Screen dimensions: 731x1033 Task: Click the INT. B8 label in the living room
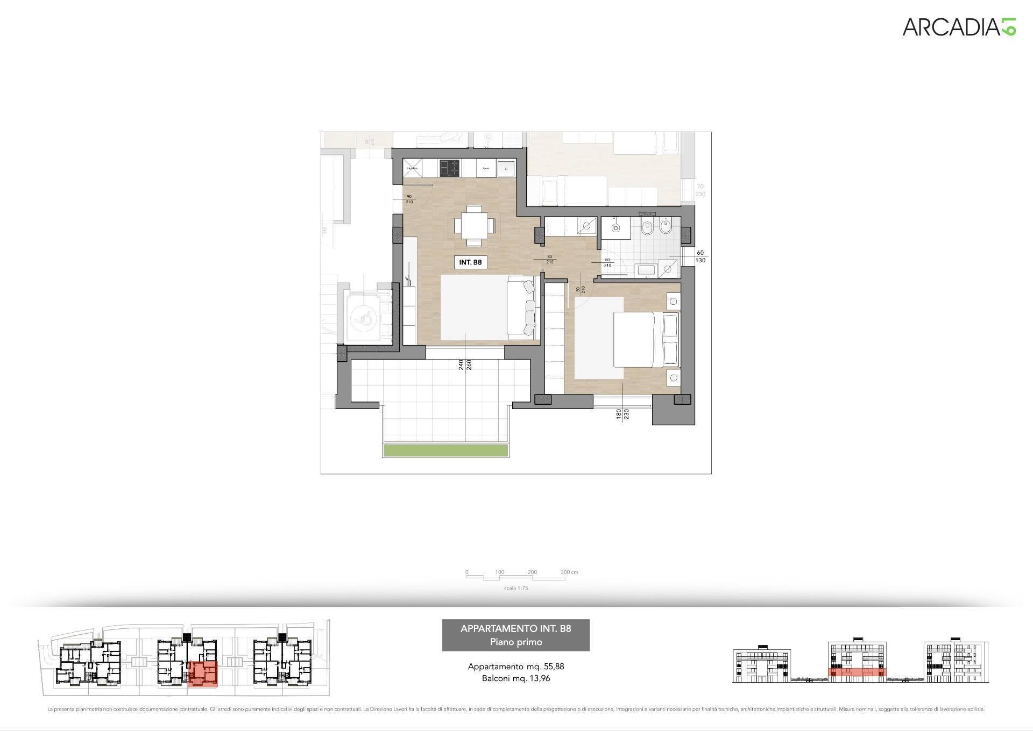click(470, 262)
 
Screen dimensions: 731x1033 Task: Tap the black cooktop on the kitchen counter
click(450, 168)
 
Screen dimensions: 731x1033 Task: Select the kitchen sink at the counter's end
click(506, 168)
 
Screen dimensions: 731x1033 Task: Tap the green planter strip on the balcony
click(445, 450)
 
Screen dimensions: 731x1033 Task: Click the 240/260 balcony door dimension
click(465, 364)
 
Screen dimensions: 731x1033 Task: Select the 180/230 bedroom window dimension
click(622, 414)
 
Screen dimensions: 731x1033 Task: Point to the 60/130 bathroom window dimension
click(700, 256)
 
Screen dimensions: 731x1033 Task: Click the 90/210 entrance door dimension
click(409, 199)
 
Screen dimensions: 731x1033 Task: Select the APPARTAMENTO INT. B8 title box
click(515, 635)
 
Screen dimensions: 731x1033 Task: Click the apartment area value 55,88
click(554, 666)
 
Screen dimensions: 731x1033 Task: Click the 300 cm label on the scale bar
click(569, 572)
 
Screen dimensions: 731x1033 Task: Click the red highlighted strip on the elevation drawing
click(856, 672)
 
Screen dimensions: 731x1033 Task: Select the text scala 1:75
click(515, 588)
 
